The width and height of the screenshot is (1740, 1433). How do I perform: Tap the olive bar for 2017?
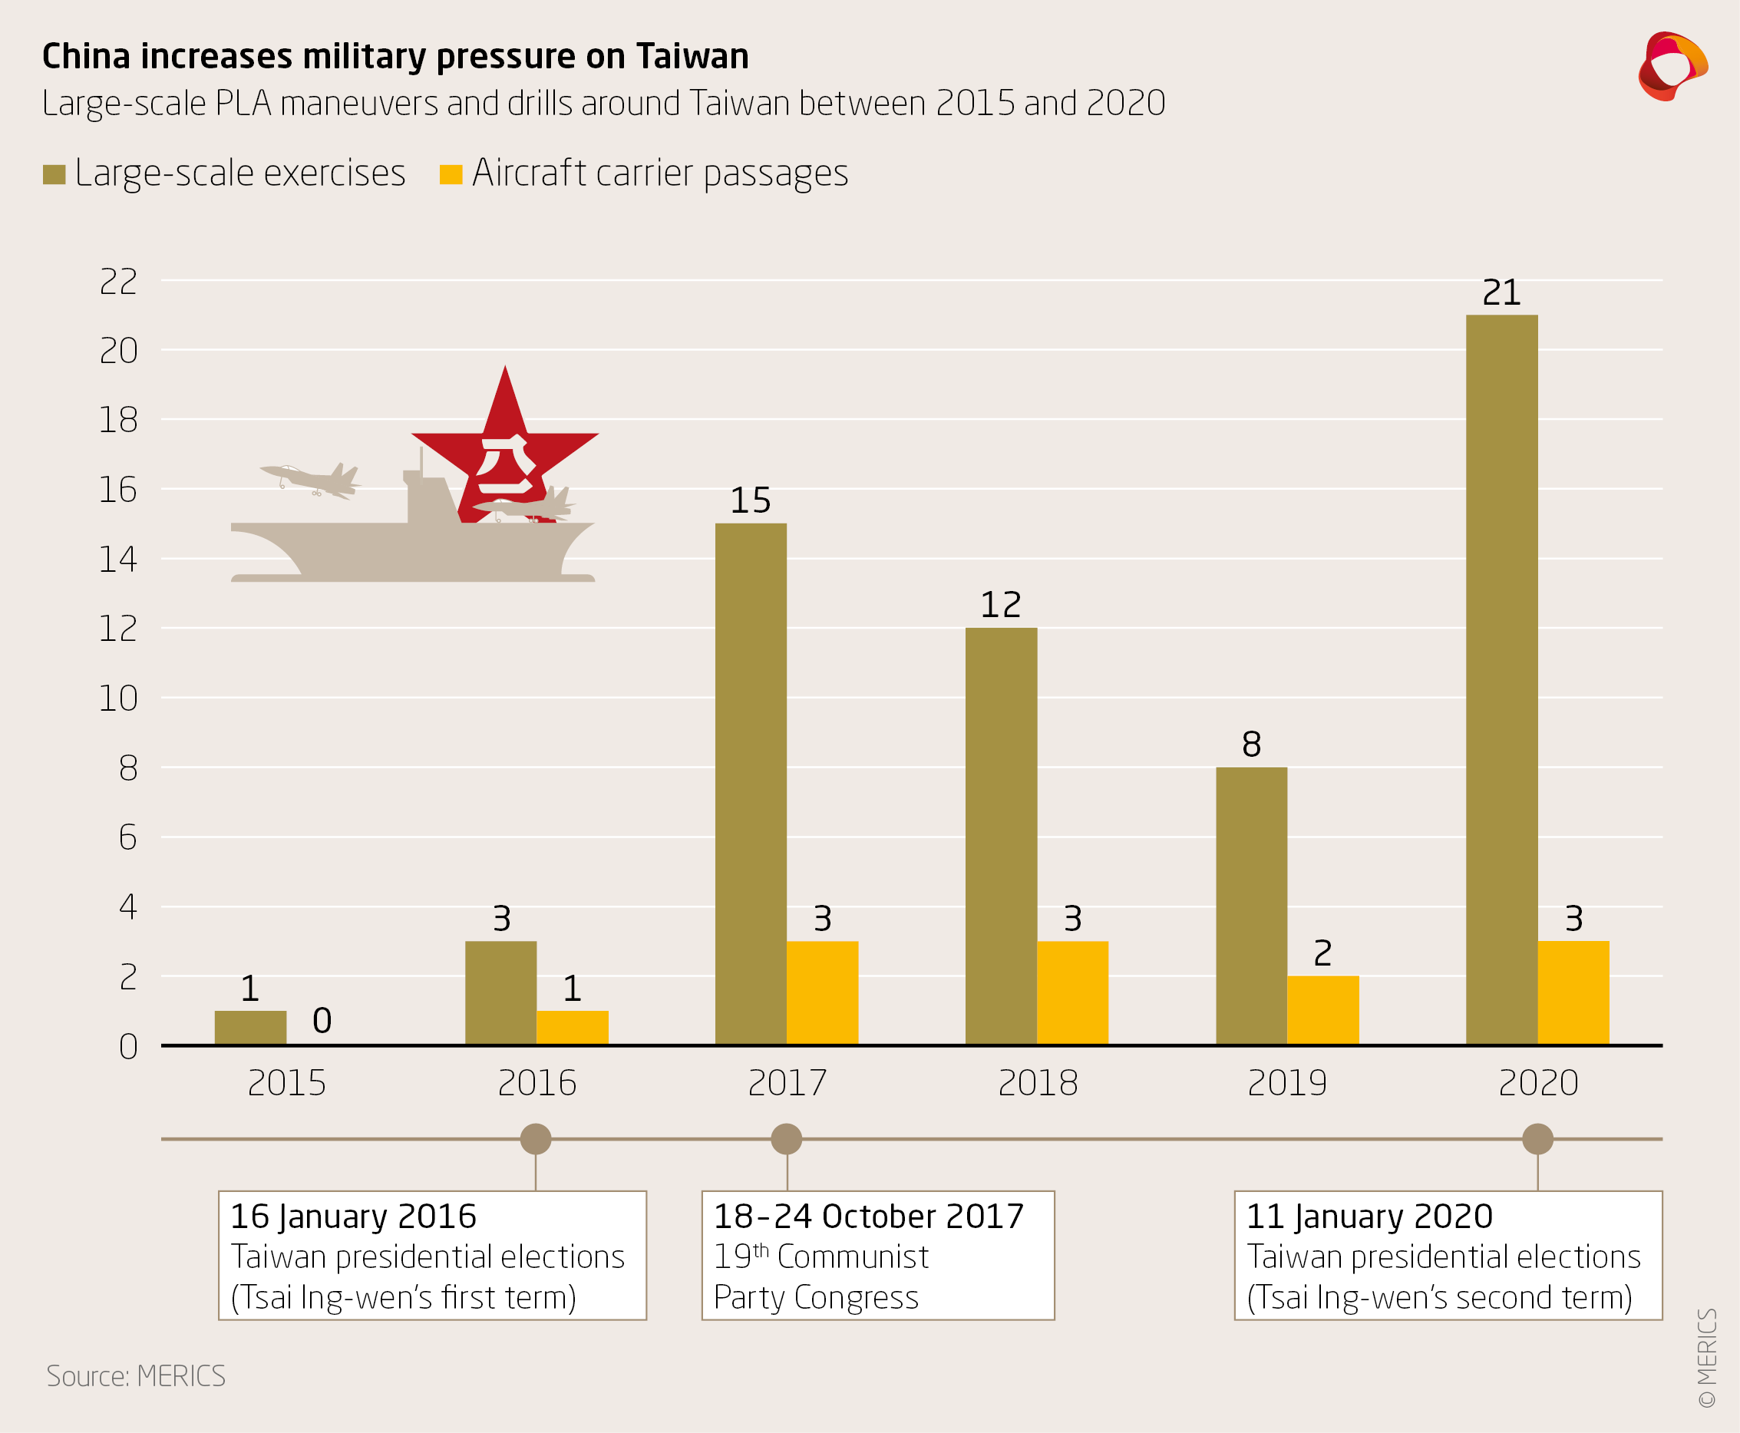tap(751, 784)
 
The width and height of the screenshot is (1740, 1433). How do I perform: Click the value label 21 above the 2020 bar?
tap(1501, 292)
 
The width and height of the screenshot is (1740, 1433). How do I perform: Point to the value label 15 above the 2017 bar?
tap(751, 500)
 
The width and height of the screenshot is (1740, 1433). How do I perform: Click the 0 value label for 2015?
tap(322, 1021)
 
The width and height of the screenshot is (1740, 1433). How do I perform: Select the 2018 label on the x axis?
tap(1038, 1083)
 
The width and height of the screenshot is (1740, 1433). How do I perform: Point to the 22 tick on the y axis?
tap(118, 282)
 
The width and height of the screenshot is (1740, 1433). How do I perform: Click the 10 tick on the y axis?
tap(118, 698)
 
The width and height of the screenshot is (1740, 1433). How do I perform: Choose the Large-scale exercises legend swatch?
tap(54, 174)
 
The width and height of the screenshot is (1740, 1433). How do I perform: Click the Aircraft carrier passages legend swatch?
tap(451, 174)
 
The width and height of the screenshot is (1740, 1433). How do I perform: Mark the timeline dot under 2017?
tap(786, 1139)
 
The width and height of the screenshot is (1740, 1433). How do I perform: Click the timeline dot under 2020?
tap(1537, 1139)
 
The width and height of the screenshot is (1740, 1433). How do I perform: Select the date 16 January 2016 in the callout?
tap(353, 1217)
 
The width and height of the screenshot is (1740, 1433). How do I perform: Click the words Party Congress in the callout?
tap(816, 1298)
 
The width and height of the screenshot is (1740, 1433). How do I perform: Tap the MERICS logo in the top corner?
tap(1672, 66)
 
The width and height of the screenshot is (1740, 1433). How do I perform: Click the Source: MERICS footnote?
tap(135, 1376)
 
